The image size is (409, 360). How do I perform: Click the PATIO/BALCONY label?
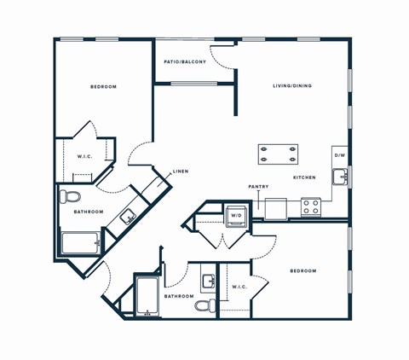coord(185,62)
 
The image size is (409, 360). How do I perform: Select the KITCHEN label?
coord(304,177)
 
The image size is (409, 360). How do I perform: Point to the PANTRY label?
coord(259,186)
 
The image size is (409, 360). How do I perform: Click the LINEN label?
coord(181,172)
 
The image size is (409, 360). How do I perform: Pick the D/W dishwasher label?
coord(339,155)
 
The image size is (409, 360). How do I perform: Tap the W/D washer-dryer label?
coord(236,216)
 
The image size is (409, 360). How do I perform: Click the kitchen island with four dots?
coord(279,154)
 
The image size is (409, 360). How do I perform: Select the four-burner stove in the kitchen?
coord(311,206)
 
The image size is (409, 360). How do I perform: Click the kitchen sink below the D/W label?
coord(340,177)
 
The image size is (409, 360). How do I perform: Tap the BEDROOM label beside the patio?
coord(103,87)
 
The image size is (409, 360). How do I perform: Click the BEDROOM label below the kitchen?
coord(302,271)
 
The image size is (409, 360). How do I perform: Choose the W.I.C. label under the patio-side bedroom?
coord(84,156)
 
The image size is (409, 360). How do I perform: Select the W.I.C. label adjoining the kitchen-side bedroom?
coord(240,287)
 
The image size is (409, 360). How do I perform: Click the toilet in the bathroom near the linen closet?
coord(70,197)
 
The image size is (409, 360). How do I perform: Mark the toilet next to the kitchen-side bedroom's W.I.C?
coord(204,305)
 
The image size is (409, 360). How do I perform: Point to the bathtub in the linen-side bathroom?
coord(81,243)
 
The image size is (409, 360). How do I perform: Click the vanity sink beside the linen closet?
coord(128,216)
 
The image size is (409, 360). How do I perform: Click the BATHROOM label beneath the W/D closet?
coord(179,296)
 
